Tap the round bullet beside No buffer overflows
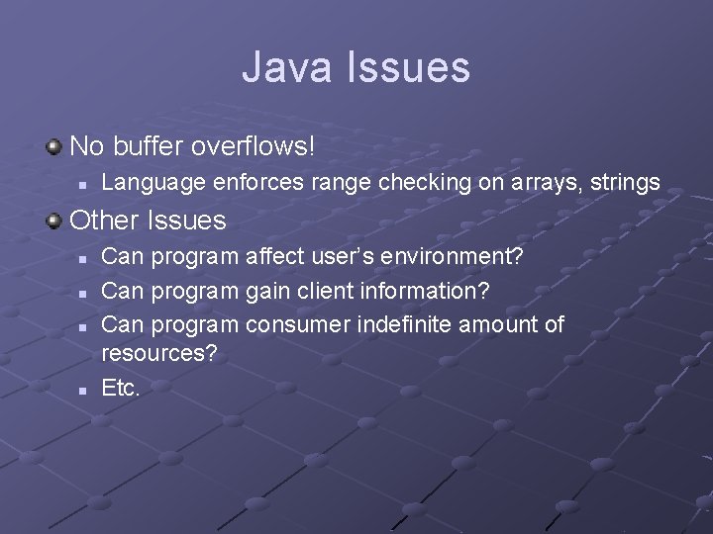53,147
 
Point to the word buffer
147,146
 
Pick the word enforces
244,183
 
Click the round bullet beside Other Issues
53,221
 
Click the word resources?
159,353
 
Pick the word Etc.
121,388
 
